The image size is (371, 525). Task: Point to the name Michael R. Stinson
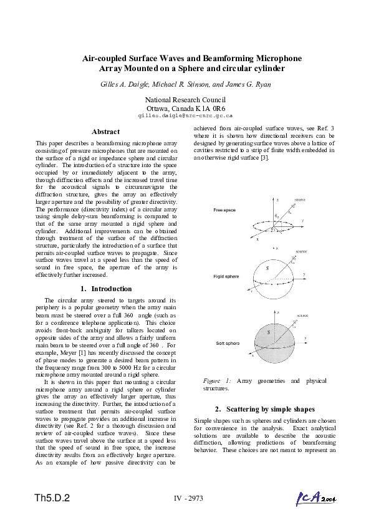[187, 84]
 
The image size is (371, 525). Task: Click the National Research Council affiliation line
[185, 100]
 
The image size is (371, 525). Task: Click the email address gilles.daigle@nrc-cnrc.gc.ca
[185, 115]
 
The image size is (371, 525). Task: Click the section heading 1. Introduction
[106, 289]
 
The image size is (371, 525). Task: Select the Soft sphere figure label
[227, 343]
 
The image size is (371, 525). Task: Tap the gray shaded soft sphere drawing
[270, 340]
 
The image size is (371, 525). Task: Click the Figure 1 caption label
[218, 380]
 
